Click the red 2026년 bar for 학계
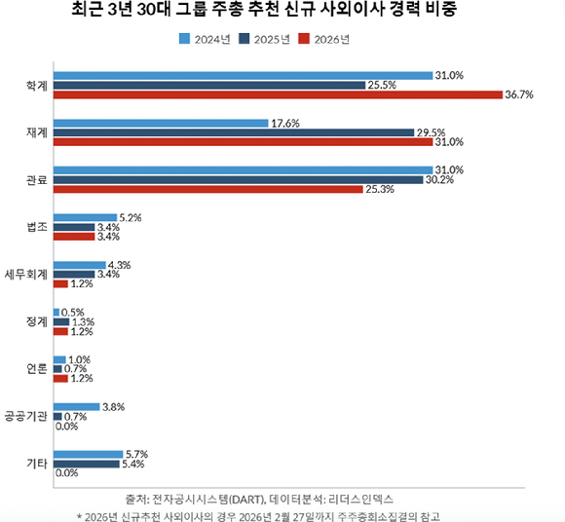point(278,94)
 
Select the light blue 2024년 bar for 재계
point(161,123)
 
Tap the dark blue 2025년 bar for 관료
point(238,179)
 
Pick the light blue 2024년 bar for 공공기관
point(77,406)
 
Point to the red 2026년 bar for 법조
point(73,237)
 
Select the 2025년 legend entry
point(268,39)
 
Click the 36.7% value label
point(519,94)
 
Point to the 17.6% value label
point(284,123)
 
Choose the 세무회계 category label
point(26,275)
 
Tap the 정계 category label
point(36,321)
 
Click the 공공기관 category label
point(26,416)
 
